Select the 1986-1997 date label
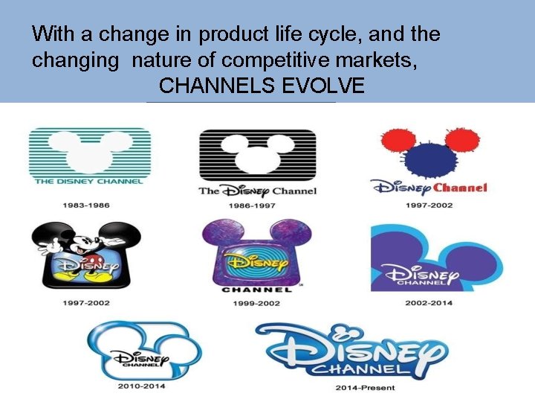(257, 205)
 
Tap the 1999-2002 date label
(257, 303)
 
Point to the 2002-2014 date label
(429, 303)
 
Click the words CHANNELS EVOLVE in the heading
(262, 86)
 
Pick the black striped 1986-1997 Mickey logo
(257, 153)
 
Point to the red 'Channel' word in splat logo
(460, 188)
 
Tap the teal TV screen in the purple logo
(257, 260)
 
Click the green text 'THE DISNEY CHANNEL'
(89, 181)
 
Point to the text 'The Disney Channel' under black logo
(257, 191)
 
